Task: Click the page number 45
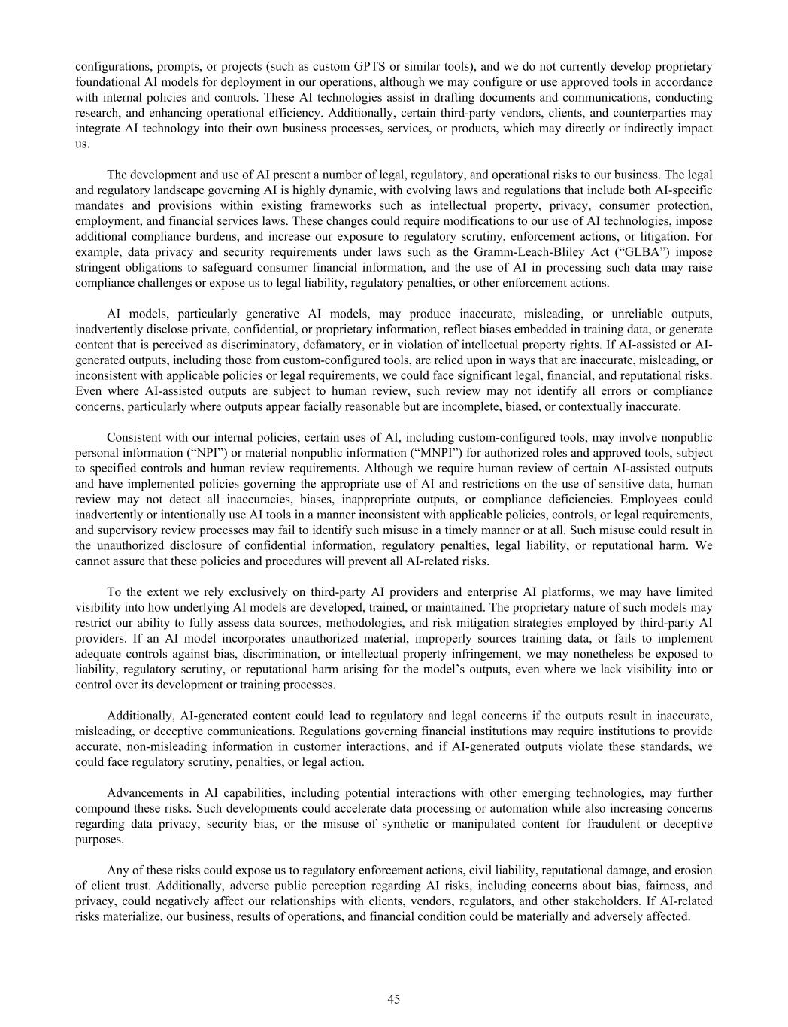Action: click(x=393, y=999)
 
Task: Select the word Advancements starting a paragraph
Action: click(x=142, y=793)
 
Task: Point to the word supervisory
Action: click(x=120, y=530)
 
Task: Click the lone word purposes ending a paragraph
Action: click(x=99, y=840)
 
